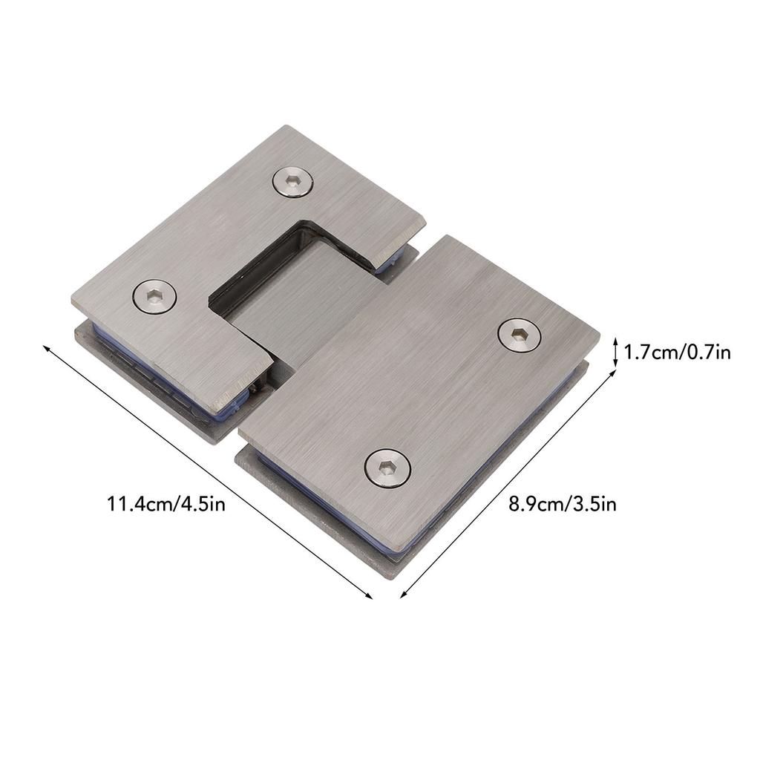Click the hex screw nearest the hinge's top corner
[292, 182]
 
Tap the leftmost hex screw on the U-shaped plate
[154, 296]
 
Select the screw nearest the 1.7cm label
[519, 334]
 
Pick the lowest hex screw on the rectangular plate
[387, 468]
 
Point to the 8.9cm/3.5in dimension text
[563, 505]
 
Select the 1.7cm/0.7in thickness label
[677, 352]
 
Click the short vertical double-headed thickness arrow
[615, 352]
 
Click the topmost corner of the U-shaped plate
[286, 126]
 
